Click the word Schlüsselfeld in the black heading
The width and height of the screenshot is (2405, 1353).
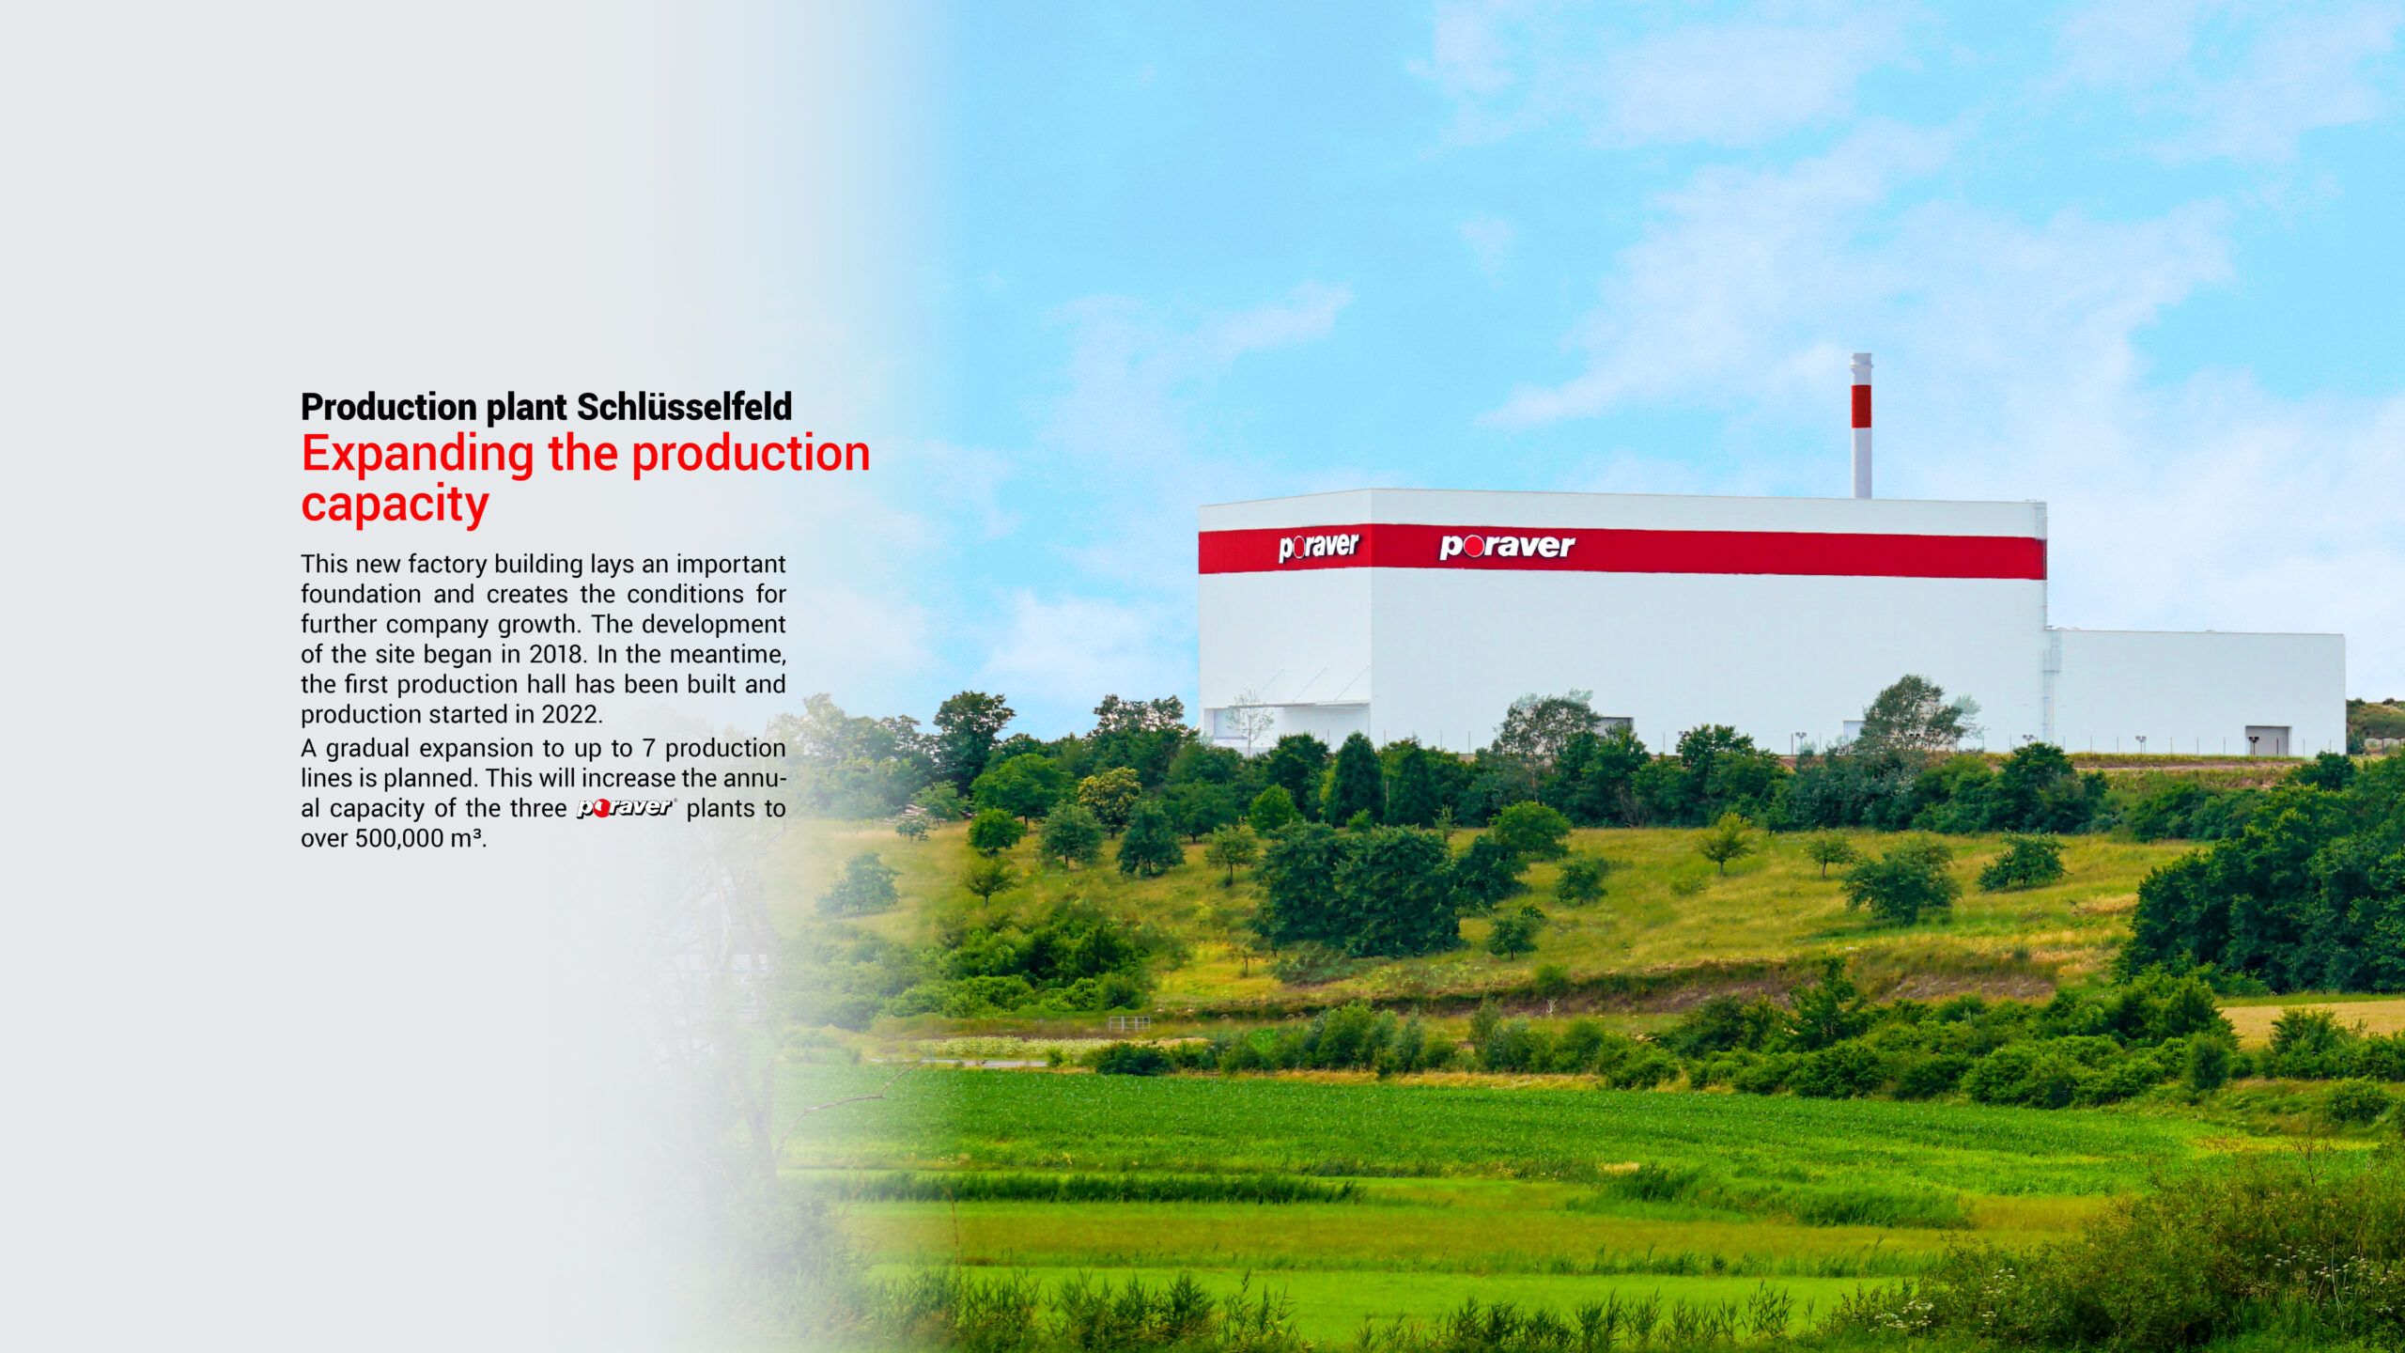click(684, 407)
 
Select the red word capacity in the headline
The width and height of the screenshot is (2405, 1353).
click(395, 505)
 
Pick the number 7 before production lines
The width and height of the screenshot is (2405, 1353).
click(648, 748)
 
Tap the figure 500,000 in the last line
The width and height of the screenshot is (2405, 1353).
click(399, 838)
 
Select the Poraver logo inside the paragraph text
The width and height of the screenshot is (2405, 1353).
click(627, 807)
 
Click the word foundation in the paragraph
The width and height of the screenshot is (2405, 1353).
click(361, 594)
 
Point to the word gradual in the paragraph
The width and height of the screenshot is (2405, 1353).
click(367, 749)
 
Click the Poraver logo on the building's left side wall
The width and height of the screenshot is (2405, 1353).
click(1318, 547)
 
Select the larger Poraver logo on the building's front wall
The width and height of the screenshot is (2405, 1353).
click(1507, 546)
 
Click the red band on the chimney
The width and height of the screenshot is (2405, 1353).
click(1861, 406)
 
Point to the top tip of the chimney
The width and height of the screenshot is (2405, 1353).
click(1861, 354)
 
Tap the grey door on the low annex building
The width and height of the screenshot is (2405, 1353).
click(2267, 740)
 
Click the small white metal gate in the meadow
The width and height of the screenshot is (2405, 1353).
click(1128, 1023)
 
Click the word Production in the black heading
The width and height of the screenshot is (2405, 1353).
click(389, 407)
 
